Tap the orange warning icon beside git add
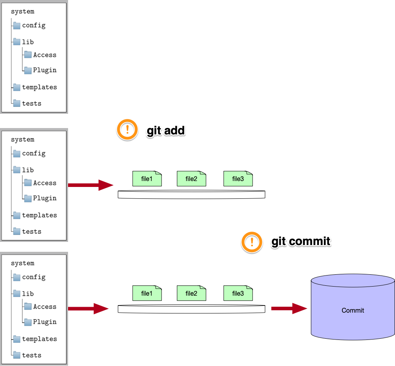pyautogui.click(x=127, y=129)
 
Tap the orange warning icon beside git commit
pyautogui.click(x=252, y=242)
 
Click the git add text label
pyautogui.click(x=166, y=130)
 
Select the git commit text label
pyautogui.click(x=301, y=241)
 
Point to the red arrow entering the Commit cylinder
pyautogui.click(x=289, y=308)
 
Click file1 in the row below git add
pyautogui.click(x=147, y=179)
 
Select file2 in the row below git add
pyautogui.click(x=191, y=179)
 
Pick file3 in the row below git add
pyautogui.click(x=238, y=179)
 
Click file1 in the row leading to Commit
pyautogui.click(x=147, y=293)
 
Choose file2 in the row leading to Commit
pyautogui.click(x=191, y=293)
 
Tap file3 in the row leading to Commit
pyautogui.click(x=238, y=293)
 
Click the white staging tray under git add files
pyautogui.click(x=191, y=194)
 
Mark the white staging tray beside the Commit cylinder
pyautogui.click(x=191, y=309)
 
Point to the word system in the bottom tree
pyautogui.click(x=23, y=263)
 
